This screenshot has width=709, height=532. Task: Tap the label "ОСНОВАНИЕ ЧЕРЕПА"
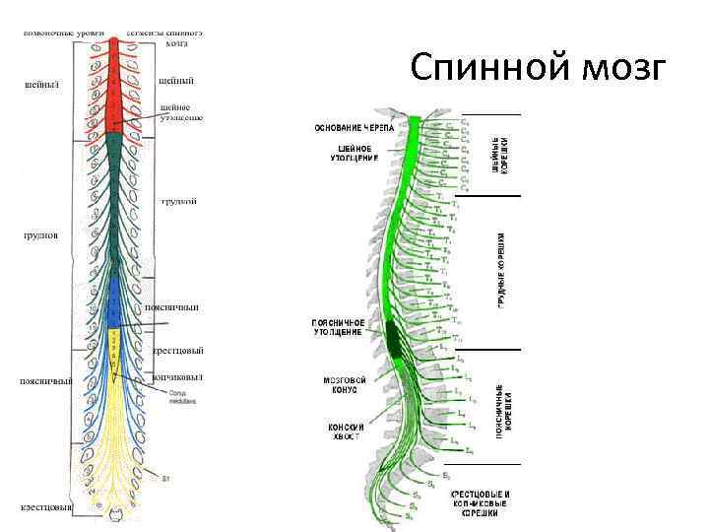[354, 129]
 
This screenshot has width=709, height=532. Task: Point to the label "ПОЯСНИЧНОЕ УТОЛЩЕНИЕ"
[339, 327]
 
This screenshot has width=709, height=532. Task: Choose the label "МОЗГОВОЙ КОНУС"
[346, 385]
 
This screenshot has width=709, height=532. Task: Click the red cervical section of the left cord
[116, 84]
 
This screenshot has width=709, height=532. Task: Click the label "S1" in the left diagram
[166, 479]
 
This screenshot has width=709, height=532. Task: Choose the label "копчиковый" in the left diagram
[177, 376]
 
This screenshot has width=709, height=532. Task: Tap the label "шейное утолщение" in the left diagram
[180, 111]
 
